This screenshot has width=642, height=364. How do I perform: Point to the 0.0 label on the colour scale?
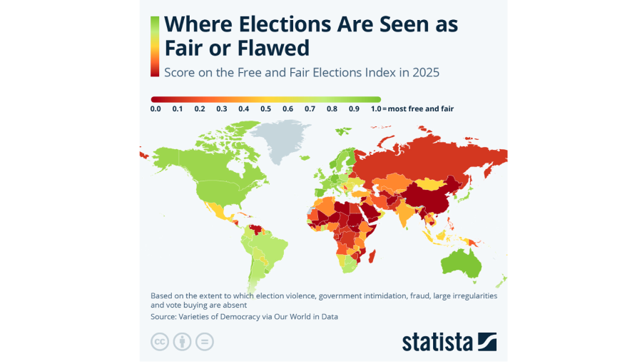coord(156,109)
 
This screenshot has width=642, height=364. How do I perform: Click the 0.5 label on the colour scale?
coord(265,109)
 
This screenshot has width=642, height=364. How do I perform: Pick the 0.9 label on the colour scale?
coord(354,109)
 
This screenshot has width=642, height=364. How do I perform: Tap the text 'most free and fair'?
coord(419,109)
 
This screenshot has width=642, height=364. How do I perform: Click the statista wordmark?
coord(437,341)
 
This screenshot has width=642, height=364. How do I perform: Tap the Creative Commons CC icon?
coord(160,342)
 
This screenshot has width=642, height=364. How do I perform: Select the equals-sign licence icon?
coord(205,342)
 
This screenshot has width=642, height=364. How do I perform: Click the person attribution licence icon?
coord(183,342)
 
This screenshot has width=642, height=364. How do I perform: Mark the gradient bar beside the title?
coord(155,46)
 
